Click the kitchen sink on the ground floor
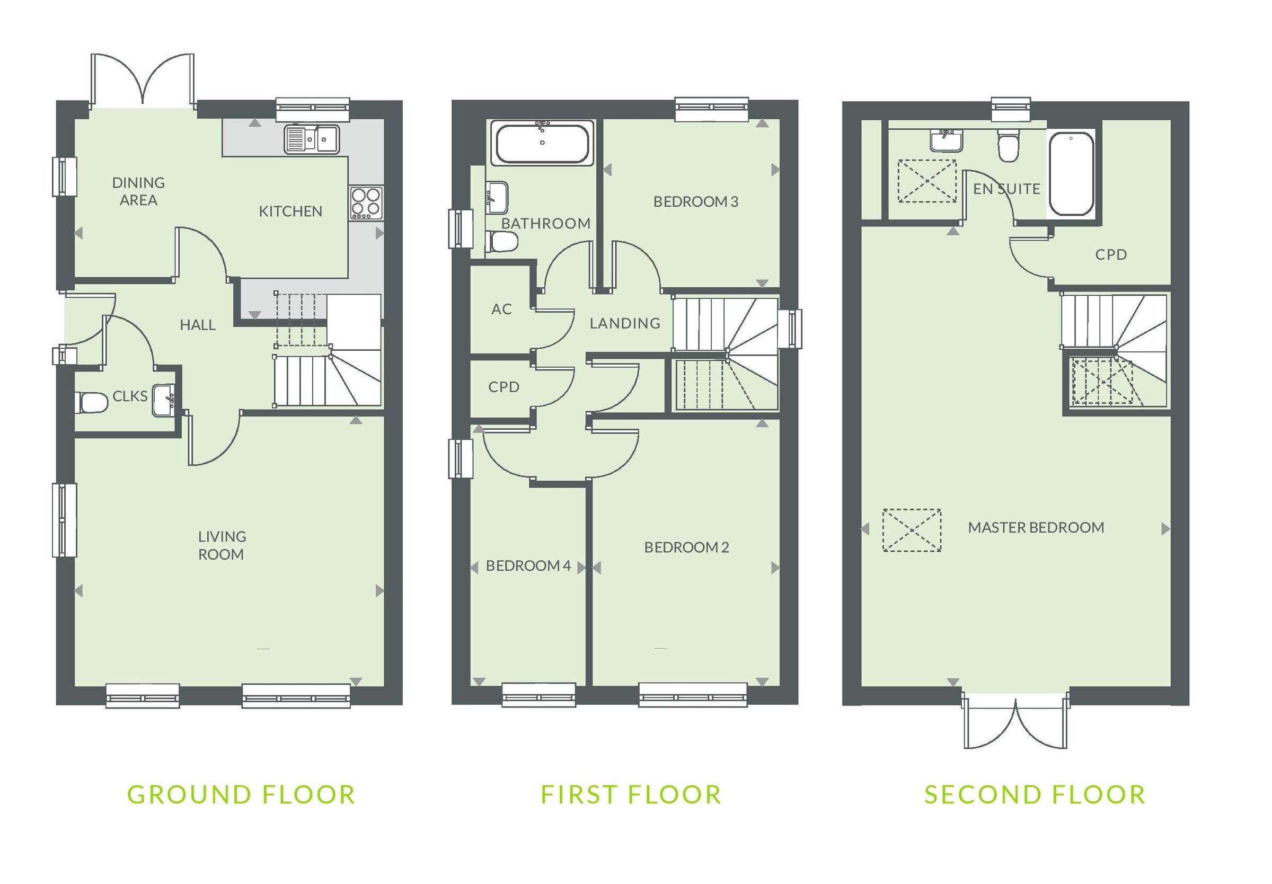pyautogui.click(x=312, y=138)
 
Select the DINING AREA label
pyautogui.click(x=138, y=191)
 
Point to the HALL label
pyautogui.click(x=197, y=325)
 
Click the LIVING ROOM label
pyautogui.click(x=222, y=545)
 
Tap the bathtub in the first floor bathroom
pyautogui.click(x=542, y=143)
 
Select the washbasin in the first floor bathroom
pyautogui.click(x=497, y=197)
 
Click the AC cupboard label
pyautogui.click(x=501, y=309)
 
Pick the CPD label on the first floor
pyautogui.click(x=503, y=386)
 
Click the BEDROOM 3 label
pyautogui.click(x=695, y=201)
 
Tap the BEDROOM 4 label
pyautogui.click(x=527, y=565)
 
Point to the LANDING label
pyautogui.click(x=625, y=323)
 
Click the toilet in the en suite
pyautogui.click(x=1008, y=147)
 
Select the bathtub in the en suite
pyautogui.click(x=1071, y=173)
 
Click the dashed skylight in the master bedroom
pyautogui.click(x=912, y=530)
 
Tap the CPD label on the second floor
pyautogui.click(x=1110, y=255)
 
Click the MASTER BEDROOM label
pyautogui.click(x=1036, y=527)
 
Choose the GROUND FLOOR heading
pyautogui.click(x=241, y=795)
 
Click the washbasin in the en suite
pyautogui.click(x=946, y=140)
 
